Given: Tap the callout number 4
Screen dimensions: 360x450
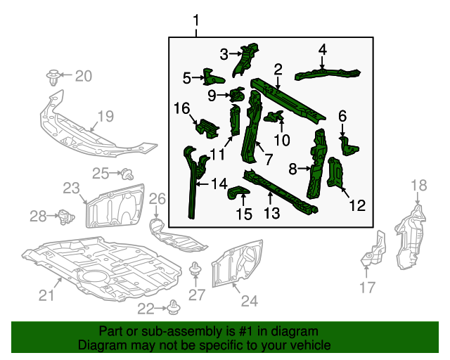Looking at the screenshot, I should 322,49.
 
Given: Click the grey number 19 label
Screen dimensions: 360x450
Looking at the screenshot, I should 105,117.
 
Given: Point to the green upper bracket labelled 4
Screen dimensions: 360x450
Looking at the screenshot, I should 327,72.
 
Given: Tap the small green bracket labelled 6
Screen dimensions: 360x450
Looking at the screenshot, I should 349,146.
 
